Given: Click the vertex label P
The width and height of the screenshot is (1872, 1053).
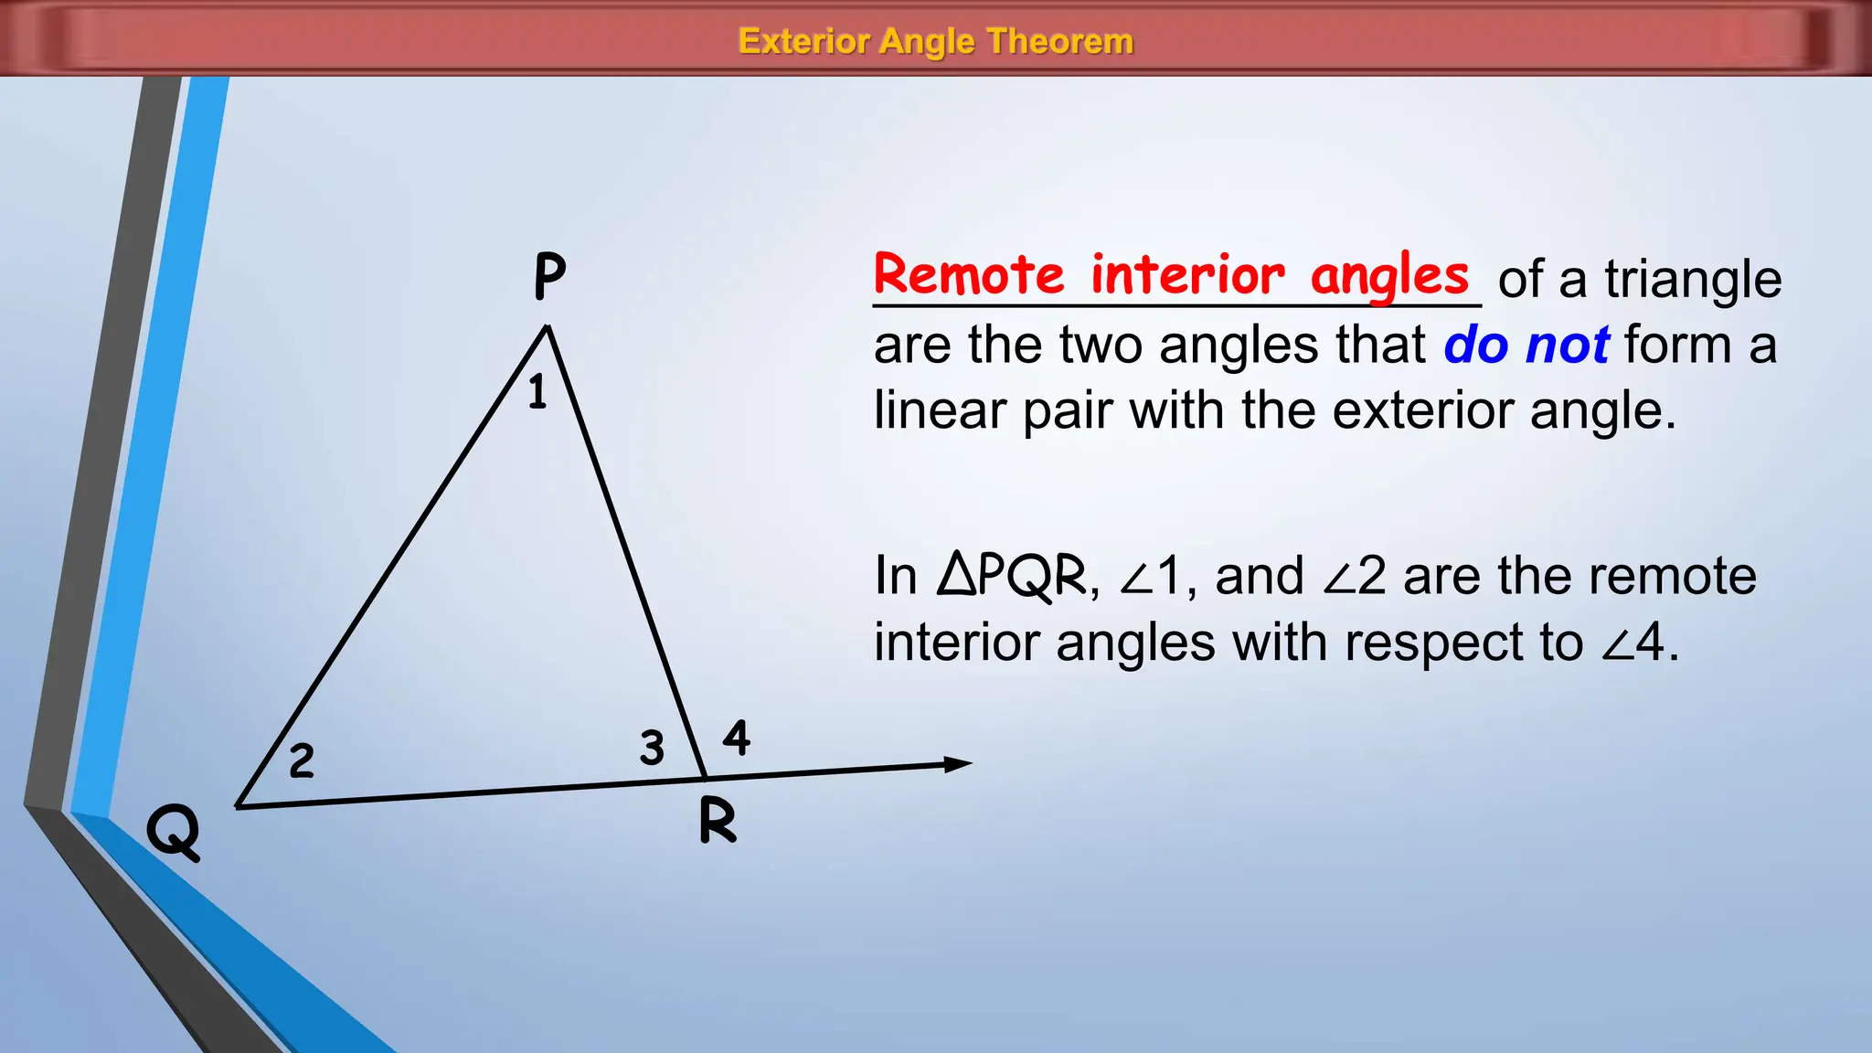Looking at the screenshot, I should click(549, 277).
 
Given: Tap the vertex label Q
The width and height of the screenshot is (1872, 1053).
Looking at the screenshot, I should click(174, 831).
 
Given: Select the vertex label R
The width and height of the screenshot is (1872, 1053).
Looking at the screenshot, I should click(718, 820).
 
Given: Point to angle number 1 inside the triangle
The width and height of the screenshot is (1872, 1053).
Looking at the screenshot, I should click(537, 392).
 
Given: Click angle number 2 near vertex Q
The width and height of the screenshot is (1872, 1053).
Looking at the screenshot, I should click(302, 761).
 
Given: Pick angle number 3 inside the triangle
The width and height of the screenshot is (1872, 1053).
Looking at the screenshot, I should click(652, 748).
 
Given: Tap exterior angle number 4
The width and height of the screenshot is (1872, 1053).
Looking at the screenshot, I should click(737, 738).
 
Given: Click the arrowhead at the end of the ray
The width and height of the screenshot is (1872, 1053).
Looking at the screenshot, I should click(958, 764).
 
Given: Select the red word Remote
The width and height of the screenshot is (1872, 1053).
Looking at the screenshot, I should click(969, 274).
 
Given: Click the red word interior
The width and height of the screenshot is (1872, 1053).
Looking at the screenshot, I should click(1187, 274).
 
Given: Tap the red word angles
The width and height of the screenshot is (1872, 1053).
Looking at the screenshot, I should click(1389, 276).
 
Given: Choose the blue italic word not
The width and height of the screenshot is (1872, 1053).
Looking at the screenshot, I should click(1568, 346).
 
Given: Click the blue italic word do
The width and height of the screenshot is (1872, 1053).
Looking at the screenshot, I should click(1475, 346).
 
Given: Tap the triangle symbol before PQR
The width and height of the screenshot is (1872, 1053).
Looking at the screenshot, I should click(958, 576).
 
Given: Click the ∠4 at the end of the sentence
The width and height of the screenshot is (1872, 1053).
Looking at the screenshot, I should click(1633, 643).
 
